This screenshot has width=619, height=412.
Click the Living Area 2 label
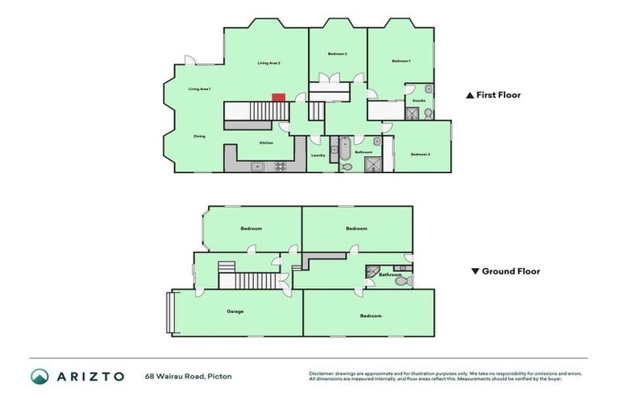(x=268, y=63)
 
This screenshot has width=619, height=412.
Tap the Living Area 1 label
(x=199, y=89)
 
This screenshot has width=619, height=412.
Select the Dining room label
(x=199, y=136)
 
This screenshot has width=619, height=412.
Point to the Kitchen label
(x=266, y=143)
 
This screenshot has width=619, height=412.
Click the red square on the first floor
(x=277, y=97)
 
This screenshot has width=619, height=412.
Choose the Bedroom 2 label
(x=338, y=54)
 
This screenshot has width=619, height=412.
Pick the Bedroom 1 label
(x=401, y=61)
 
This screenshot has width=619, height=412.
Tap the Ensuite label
(x=419, y=101)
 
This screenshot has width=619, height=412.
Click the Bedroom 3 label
(x=420, y=154)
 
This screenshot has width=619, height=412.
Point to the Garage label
(x=235, y=311)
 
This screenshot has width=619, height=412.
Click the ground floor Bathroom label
(x=391, y=275)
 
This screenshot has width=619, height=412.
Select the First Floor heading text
(x=498, y=95)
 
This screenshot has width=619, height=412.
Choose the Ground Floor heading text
(x=510, y=271)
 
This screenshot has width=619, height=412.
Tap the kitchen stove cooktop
(x=281, y=167)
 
